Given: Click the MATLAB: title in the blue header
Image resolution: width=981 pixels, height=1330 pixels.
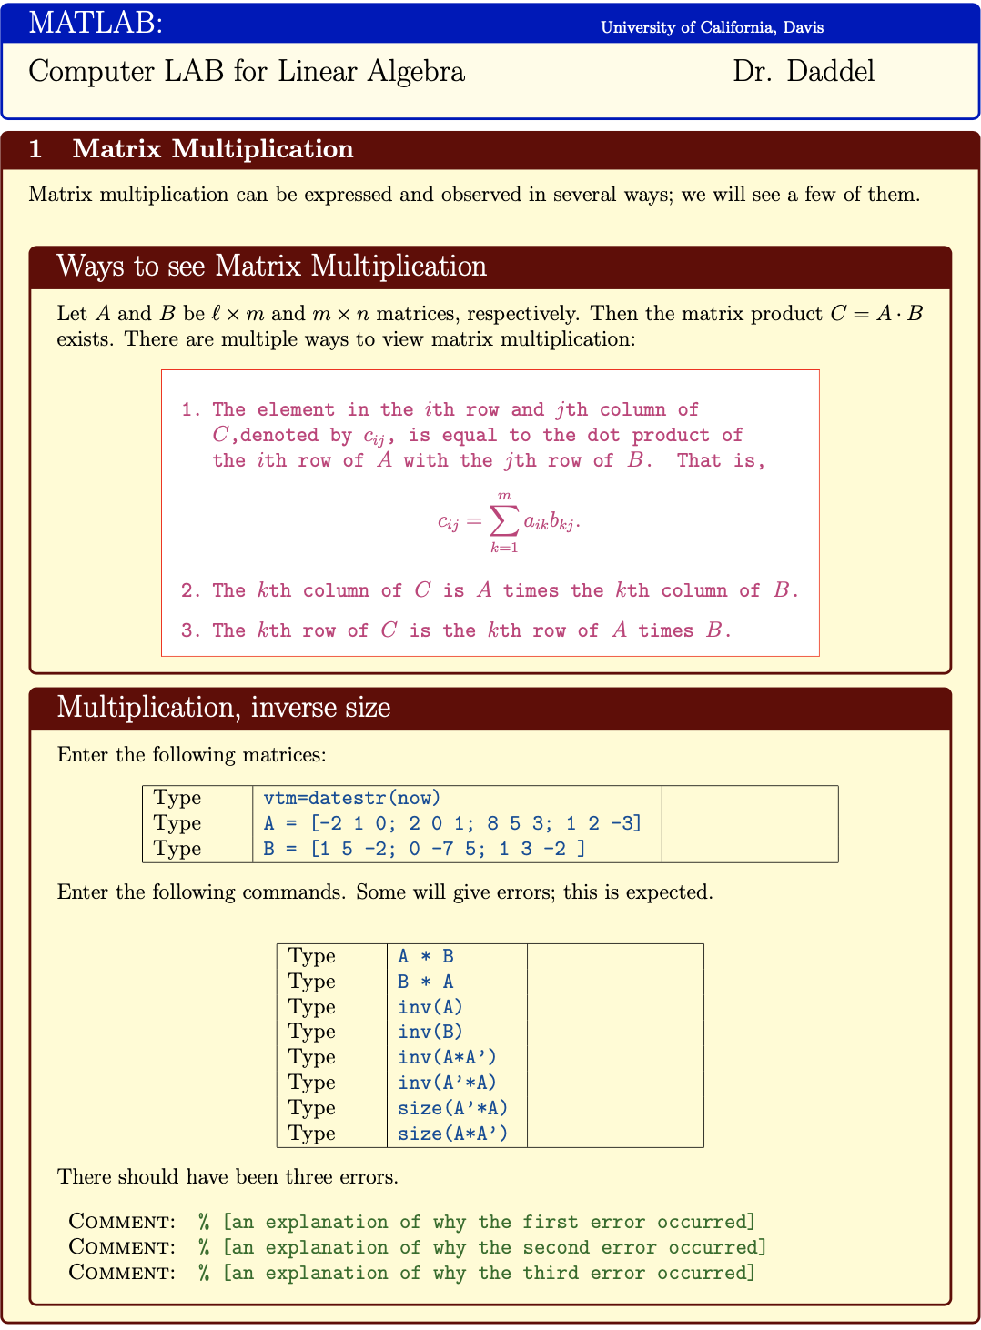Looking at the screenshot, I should point(96,22).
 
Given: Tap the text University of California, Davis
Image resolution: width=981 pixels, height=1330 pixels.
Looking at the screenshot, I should point(712,27).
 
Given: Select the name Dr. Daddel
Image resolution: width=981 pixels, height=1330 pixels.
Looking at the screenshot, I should point(804,71).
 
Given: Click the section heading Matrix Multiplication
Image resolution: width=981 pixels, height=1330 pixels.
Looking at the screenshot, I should point(212,149).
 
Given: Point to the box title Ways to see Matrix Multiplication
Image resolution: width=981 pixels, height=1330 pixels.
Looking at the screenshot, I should point(271,266).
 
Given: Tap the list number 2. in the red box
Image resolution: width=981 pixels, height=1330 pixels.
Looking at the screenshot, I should point(190,590).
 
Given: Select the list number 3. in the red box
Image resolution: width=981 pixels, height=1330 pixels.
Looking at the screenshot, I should point(190,630).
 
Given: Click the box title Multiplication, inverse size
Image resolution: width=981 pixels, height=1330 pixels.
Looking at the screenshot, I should point(223,707).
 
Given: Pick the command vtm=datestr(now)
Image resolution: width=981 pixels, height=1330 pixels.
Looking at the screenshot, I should point(351,798).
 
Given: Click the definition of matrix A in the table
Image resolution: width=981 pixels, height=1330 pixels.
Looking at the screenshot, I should point(452,823).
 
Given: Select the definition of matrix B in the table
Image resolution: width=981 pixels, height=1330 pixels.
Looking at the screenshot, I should point(424,849).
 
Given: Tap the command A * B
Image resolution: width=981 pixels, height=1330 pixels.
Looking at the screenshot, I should point(426,956).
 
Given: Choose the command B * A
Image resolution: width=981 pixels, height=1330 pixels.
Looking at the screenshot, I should point(426,982).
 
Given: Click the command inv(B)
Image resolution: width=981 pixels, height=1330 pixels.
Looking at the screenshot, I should point(430,1032).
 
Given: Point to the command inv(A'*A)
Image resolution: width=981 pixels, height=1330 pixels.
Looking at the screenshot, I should point(447,1083).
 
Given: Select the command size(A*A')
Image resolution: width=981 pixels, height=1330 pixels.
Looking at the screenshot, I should point(452,1134).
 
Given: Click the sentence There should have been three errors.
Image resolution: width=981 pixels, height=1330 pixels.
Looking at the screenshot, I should point(228,1176).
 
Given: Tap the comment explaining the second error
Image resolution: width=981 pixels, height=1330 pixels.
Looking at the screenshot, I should point(482,1247).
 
